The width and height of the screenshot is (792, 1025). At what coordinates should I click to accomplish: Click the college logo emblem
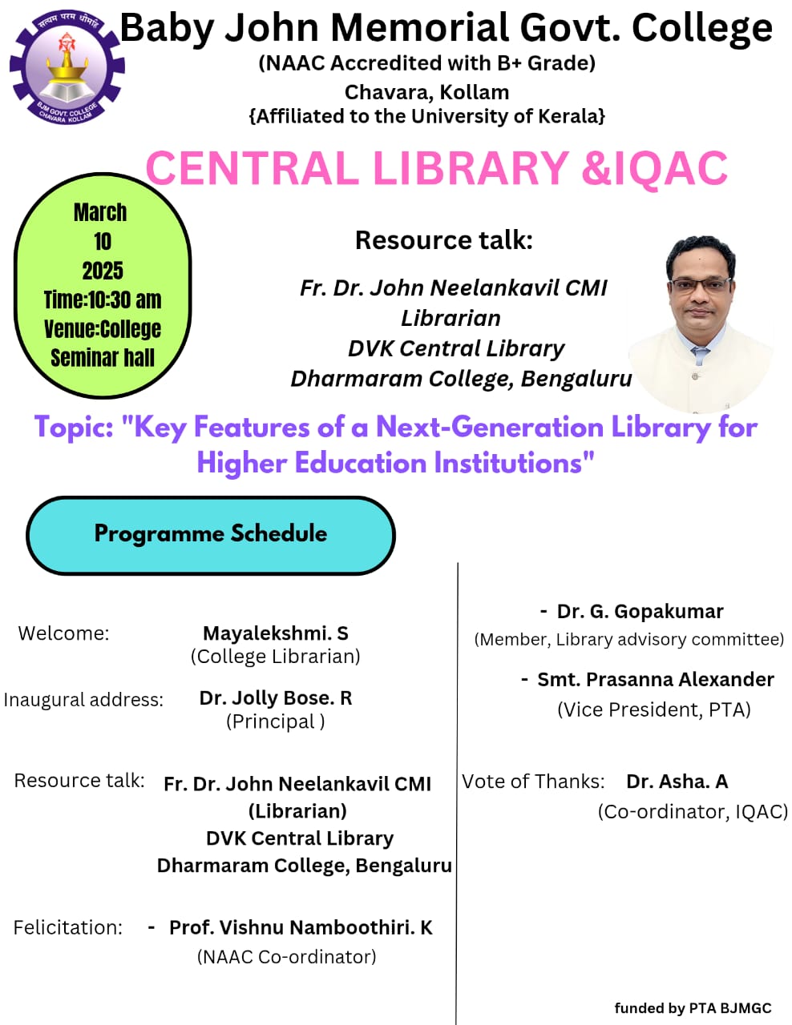click(x=67, y=67)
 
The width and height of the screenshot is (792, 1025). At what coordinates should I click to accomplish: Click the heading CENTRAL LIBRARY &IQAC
click(x=437, y=168)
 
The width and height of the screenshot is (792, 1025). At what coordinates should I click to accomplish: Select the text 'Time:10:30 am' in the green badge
click(x=103, y=300)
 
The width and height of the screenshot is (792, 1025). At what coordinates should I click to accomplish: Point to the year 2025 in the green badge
click(x=103, y=271)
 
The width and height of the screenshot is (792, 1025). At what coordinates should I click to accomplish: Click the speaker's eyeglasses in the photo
click(x=701, y=285)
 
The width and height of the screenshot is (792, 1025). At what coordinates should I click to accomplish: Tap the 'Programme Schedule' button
click(x=211, y=535)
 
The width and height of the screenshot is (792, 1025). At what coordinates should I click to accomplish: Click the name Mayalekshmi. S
click(x=276, y=633)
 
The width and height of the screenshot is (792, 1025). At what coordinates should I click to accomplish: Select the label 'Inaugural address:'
click(x=83, y=700)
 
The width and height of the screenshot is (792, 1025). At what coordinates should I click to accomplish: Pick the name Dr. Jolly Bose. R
click(x=276, y=697)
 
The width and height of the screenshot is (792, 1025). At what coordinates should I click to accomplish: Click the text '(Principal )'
click(x=276, y=722)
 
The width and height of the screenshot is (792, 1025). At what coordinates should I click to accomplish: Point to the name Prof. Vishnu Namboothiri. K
click(x=301, y=927)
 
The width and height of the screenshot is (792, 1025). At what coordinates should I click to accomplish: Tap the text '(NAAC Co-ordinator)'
click(x=286, y=957)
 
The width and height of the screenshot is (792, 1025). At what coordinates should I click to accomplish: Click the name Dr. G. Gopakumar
click(x=640, y=611)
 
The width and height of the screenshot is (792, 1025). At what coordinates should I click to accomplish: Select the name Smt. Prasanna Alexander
click(x=656, y=679)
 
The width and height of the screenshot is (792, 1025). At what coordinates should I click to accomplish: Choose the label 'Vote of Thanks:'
click(x=533, y=781)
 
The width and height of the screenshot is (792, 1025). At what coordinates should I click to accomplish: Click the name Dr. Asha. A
click(x=677, y=781)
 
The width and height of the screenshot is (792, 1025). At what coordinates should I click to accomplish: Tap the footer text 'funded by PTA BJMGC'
click(x=693, y=1008)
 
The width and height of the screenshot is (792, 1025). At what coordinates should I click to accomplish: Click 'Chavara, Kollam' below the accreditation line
click(x=426, y=92)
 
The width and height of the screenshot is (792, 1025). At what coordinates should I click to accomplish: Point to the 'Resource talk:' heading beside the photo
click(x=443, y=239)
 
